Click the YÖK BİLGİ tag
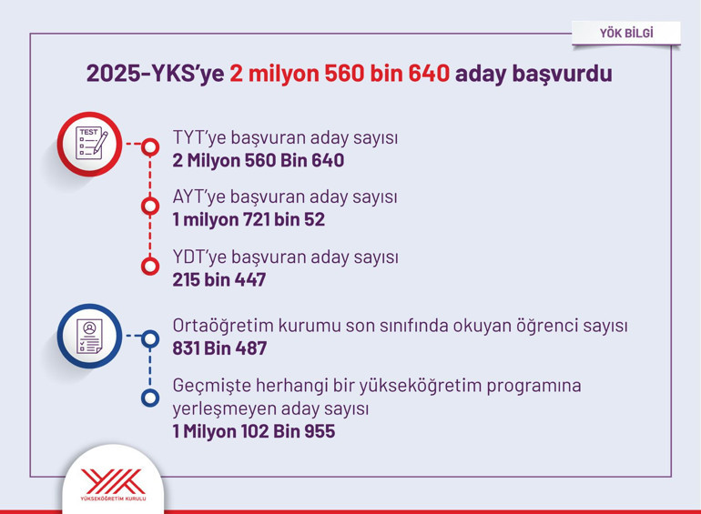[x=626, y=34]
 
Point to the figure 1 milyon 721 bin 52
[x=249, y=219]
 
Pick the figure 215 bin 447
[x=219, y=279]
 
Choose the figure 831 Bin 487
[x=219, y=348]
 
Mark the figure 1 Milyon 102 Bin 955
[x=254, y=430]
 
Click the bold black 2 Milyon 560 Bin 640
[x=259, y=161]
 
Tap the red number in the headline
[x=340, y=74]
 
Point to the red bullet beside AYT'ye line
[x=150, y=206]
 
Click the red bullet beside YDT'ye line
[x=150, y=266]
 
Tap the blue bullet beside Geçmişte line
[x=150, y=398]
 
